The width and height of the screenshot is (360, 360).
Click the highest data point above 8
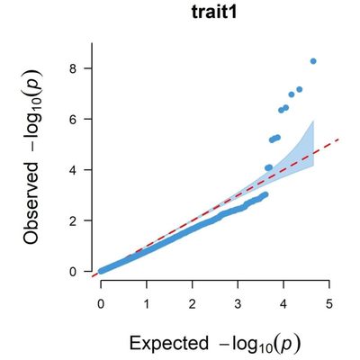tap(313, 61)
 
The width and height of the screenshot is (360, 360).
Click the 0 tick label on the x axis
tap(101, 305)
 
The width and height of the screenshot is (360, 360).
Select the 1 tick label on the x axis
tap(147, 305)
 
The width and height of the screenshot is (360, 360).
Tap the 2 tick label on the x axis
tap(193, 305)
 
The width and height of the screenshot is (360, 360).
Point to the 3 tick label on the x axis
tap(238, 305)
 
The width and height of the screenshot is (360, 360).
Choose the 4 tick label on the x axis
tap(283, 305)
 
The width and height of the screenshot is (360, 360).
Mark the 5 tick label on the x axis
tap(329, 305)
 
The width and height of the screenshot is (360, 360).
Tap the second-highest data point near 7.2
tap(300, 89)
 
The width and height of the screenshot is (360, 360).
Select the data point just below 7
tap(292, 94)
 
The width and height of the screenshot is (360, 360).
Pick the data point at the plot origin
tap(101, 270)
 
